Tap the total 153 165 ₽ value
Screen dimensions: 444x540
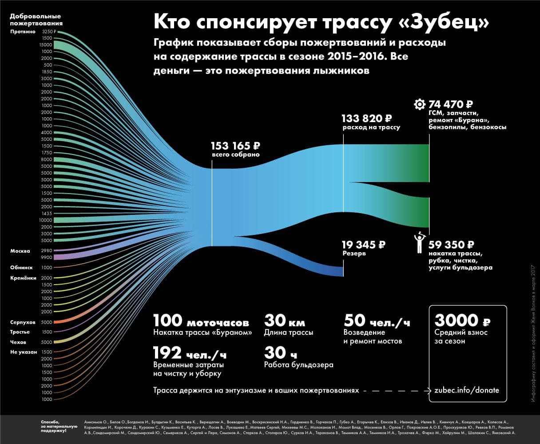point(235,146)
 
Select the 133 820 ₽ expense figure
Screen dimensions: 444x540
point(367,119)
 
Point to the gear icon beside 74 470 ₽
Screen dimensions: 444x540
point(418,105)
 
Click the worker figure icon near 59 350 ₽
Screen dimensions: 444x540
point(418,243)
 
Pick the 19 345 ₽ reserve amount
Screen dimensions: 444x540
point(363,245)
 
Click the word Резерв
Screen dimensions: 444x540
point(353,254)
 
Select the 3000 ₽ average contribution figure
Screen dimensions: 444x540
point(462,320)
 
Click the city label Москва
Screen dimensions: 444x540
point(20,251)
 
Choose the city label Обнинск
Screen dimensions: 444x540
point(22,268)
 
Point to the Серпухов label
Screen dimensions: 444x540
point(23,322)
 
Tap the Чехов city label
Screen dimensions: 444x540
point(18,342)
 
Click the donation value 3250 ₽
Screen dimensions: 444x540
point(48,32)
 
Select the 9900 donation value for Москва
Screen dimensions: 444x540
point(47,257)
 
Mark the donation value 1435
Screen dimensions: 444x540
point(47,214)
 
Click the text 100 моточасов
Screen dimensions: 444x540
point(201,321)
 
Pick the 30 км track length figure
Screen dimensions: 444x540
point(285,321)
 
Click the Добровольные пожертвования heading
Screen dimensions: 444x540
point(36,20)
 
